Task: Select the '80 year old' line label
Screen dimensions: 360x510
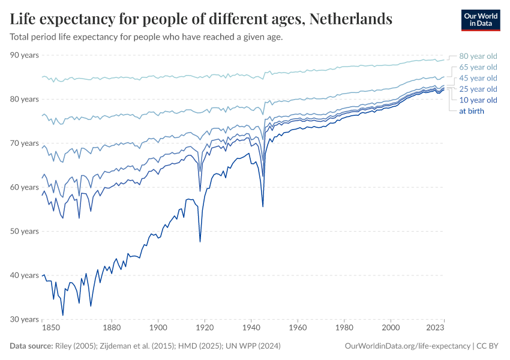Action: (478, 56)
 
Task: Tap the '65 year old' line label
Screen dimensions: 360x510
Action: (478, 67)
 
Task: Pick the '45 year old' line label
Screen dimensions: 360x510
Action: (478, 78)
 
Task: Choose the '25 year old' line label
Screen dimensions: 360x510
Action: (478, 89)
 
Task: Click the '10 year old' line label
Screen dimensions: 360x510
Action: (478, 100)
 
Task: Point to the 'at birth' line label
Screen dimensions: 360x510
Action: (472, 110)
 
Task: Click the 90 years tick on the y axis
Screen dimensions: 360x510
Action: (25, 55)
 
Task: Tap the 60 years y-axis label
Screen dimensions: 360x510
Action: (25, 187)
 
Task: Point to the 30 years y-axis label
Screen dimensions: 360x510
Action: (25, 319)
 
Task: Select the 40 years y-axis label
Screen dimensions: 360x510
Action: (25, 275)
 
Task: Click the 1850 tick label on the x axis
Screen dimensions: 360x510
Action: (51, 328)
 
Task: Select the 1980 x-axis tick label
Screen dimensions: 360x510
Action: (344, 328)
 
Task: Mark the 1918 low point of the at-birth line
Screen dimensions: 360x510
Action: (200, 241)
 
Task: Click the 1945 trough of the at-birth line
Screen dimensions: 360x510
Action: (263, 206)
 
